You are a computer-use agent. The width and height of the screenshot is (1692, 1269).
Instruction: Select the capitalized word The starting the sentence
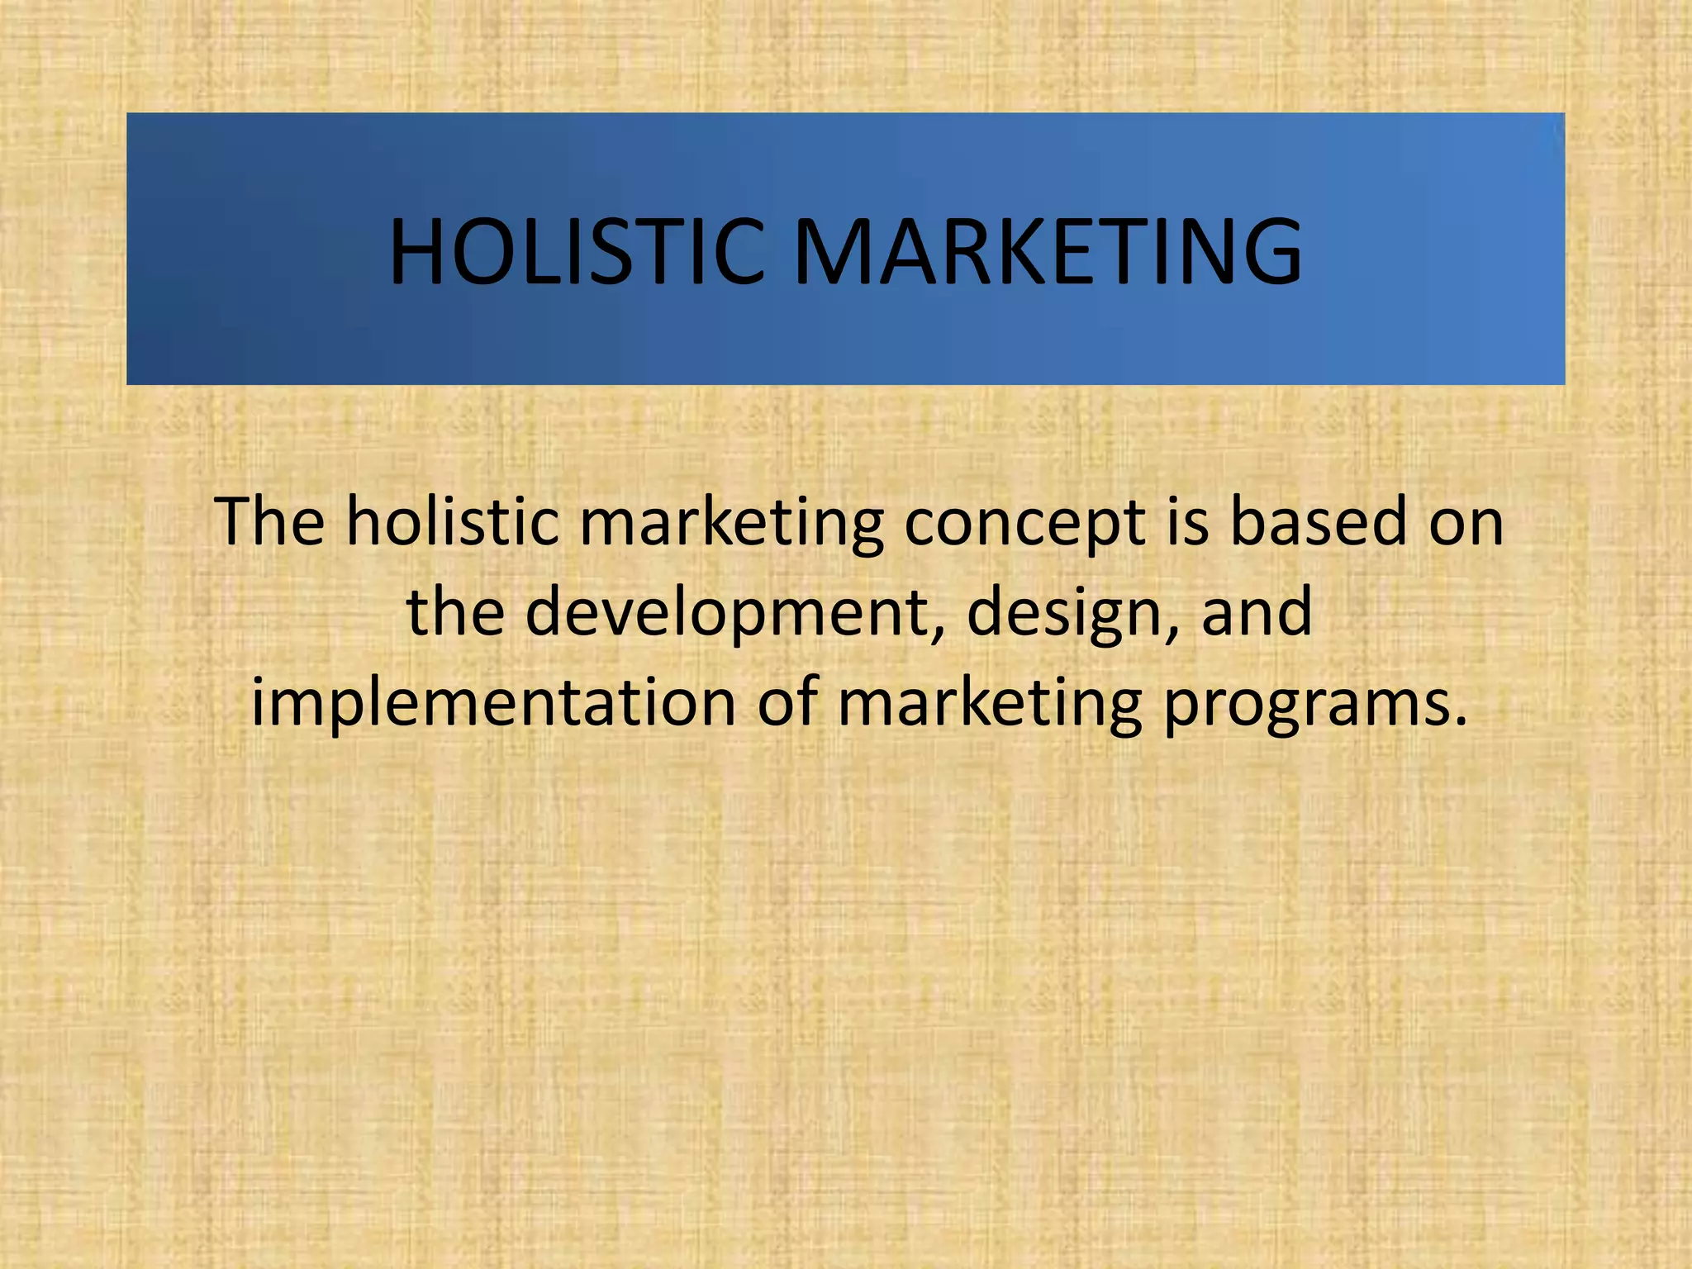(x=269, y=522)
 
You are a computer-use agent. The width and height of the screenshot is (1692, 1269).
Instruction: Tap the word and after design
(x=1256, y=613)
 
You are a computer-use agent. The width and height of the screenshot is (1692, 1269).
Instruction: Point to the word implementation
(x=493, y=704)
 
